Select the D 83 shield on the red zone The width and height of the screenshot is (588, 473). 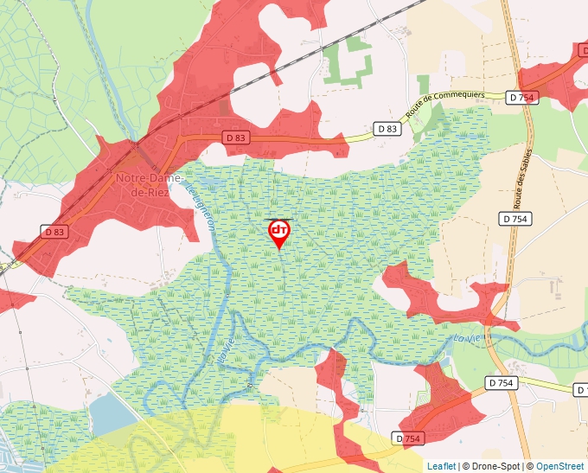click(x=235, y=137)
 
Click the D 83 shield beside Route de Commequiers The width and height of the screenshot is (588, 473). click(x=388, y=129)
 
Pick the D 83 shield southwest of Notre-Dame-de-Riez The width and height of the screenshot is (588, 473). click(x=54, y=232)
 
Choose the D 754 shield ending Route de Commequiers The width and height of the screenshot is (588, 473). click(x=523, y=98)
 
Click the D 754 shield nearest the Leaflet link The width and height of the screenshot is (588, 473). click(x=411, y=439)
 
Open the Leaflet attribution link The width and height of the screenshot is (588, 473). click(x=441, y=466)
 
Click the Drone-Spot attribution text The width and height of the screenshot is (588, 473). click(x=495, y=466)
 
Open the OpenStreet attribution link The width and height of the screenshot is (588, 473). click(x=560, y=466)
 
